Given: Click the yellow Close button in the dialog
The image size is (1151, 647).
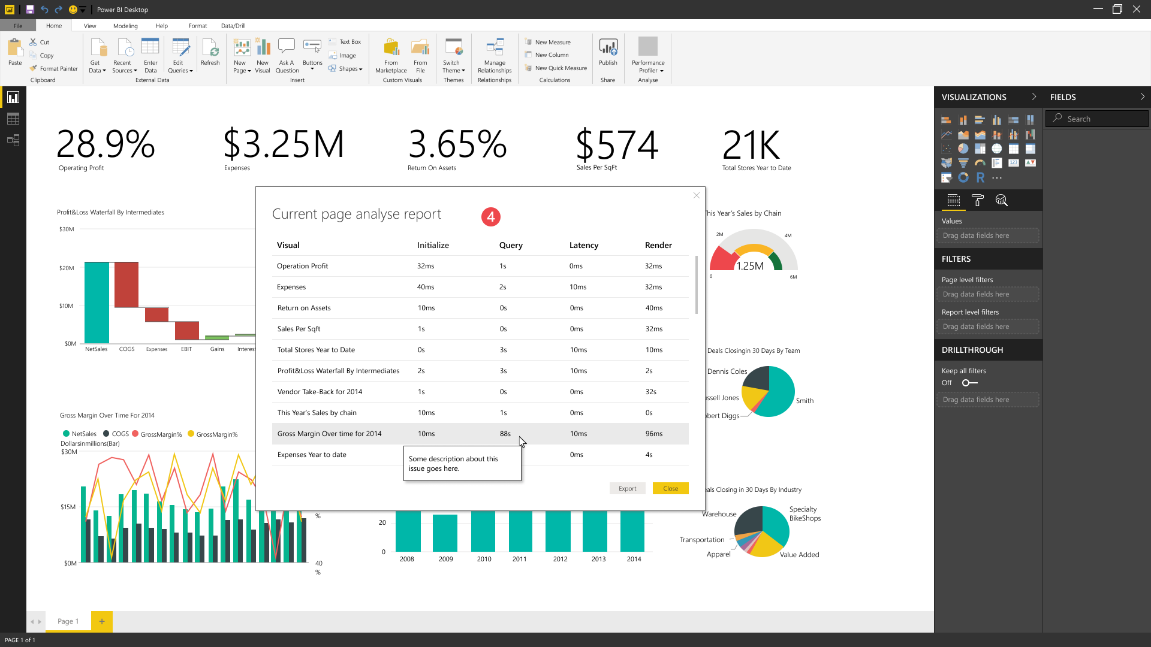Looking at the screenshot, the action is coord(670,488).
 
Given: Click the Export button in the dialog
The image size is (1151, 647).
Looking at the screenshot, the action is coord(627,488).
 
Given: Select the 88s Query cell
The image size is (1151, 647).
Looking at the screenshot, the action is coord(505,434).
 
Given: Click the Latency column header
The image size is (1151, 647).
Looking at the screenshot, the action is coord(583,245).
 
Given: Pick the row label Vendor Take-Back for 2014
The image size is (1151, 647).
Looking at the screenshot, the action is coord(320,392).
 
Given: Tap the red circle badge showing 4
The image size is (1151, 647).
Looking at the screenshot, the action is coord(490,217).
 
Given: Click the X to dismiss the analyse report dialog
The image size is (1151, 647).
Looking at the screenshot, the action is coord(696,195).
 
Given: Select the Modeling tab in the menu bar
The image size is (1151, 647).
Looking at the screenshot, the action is coord(125,26).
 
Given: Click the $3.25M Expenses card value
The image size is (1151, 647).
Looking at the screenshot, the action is coord(284,144).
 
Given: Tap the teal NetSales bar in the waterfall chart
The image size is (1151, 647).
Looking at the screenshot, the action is coord(97,303).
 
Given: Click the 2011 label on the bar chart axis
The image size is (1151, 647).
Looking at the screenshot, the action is coord(519,559).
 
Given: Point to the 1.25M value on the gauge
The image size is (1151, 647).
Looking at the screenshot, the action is coord(750,266).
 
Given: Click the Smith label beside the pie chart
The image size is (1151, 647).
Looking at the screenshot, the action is coord(805,401).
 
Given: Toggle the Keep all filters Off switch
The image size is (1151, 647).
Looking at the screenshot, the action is coord(969,383).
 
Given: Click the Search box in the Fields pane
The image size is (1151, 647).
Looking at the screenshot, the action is coord(1097,119).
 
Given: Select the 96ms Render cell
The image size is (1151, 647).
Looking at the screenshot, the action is coord(654,434).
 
